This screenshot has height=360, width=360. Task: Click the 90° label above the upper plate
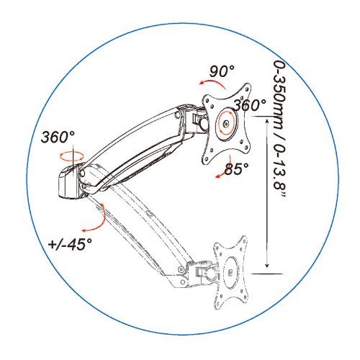(222, 71)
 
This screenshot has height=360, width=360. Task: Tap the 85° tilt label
(236, 168)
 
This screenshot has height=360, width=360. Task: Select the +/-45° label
(70, 244)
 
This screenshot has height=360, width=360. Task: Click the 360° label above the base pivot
(58, 137)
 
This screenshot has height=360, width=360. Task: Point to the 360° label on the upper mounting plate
(250, 105)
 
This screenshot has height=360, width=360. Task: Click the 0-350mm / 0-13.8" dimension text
(280, 129)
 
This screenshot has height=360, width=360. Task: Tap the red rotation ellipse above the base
(71, 156)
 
